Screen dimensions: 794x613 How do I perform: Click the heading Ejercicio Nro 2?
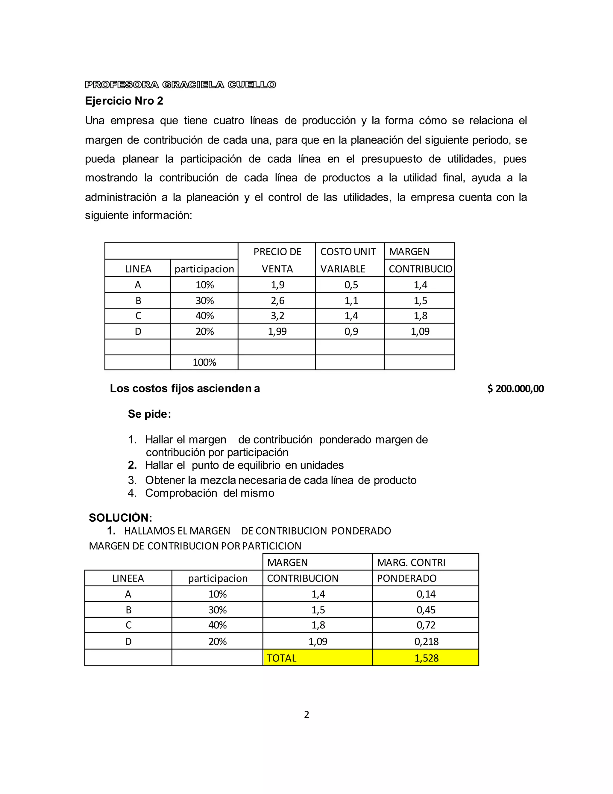click(124, 101)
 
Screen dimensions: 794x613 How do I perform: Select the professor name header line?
click(180, 85)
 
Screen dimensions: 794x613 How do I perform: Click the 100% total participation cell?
click(204, 362)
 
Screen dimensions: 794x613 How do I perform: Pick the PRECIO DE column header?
click(277, 252)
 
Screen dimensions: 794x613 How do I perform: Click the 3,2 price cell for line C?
click(277, 316)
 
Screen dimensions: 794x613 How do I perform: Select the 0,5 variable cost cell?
click(351, 285)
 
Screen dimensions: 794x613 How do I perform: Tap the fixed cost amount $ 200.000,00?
click(515, 389)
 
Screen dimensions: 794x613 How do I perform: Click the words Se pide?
click(149, 414)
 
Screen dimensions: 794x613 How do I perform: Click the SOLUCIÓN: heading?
click(121, 517)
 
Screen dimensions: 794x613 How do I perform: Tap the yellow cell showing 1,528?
click(426, 658)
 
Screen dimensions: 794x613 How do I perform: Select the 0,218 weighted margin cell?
click(426, 641)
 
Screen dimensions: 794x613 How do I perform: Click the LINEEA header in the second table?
click(128, 578)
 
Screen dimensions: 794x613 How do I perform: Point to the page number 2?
click(306, 714)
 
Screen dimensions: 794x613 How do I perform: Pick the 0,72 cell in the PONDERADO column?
click(426, 625)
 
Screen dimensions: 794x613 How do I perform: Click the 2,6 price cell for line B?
click(277, 300)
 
